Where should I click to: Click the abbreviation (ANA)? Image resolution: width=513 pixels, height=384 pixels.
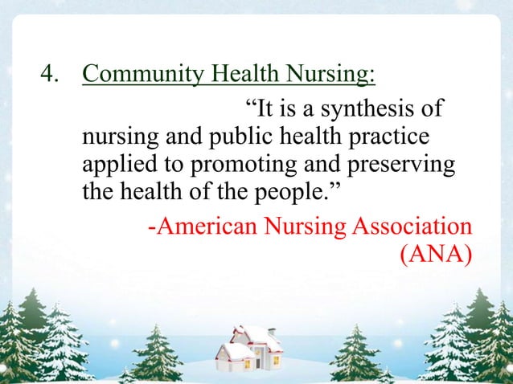(435, 255)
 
